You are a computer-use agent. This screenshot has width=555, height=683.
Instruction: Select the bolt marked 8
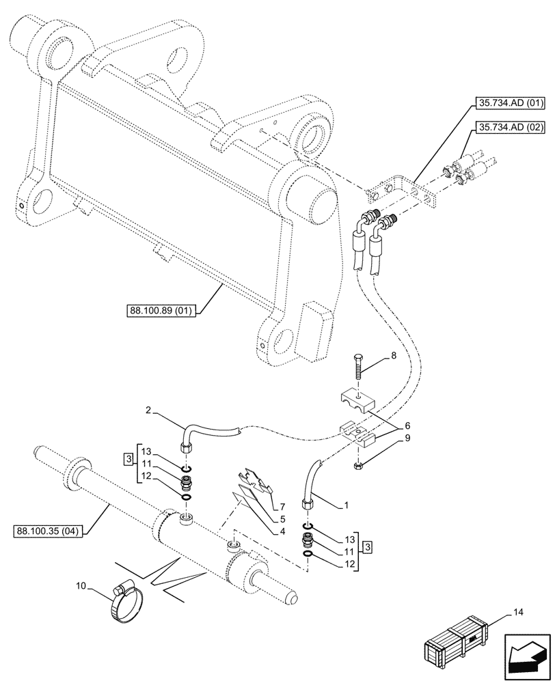coord(358,368)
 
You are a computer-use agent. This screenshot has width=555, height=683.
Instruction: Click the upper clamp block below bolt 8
coord(357,402)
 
